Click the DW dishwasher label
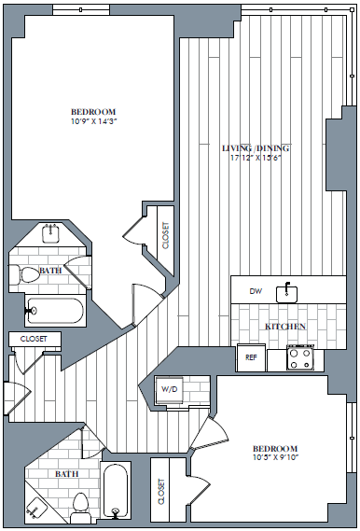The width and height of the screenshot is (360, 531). [256, 291]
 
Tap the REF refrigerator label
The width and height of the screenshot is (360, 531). [251, 357]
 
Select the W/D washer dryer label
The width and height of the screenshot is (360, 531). [170, 388]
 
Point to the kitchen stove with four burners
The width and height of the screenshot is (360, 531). [299, 357]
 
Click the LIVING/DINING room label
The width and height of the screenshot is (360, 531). [255, 148]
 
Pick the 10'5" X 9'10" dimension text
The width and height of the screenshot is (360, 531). [274, 457]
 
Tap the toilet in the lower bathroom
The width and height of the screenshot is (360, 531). [80, 504]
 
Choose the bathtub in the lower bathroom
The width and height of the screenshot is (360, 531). [116, 489]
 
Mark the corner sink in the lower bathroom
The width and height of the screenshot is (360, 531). [37, 508]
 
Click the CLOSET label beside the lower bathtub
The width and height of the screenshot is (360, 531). [162, 492]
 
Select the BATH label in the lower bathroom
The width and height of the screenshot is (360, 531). [66, 474]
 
